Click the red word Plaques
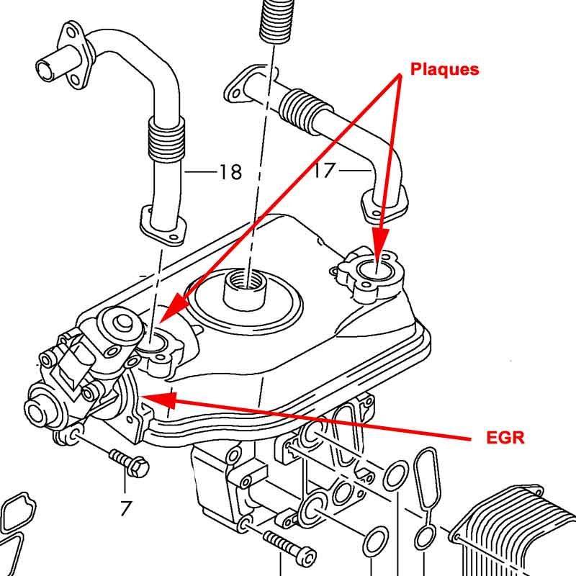point(444,69)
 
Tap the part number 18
point(230,173)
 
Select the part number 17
point(325,171)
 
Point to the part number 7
point(126,508)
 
